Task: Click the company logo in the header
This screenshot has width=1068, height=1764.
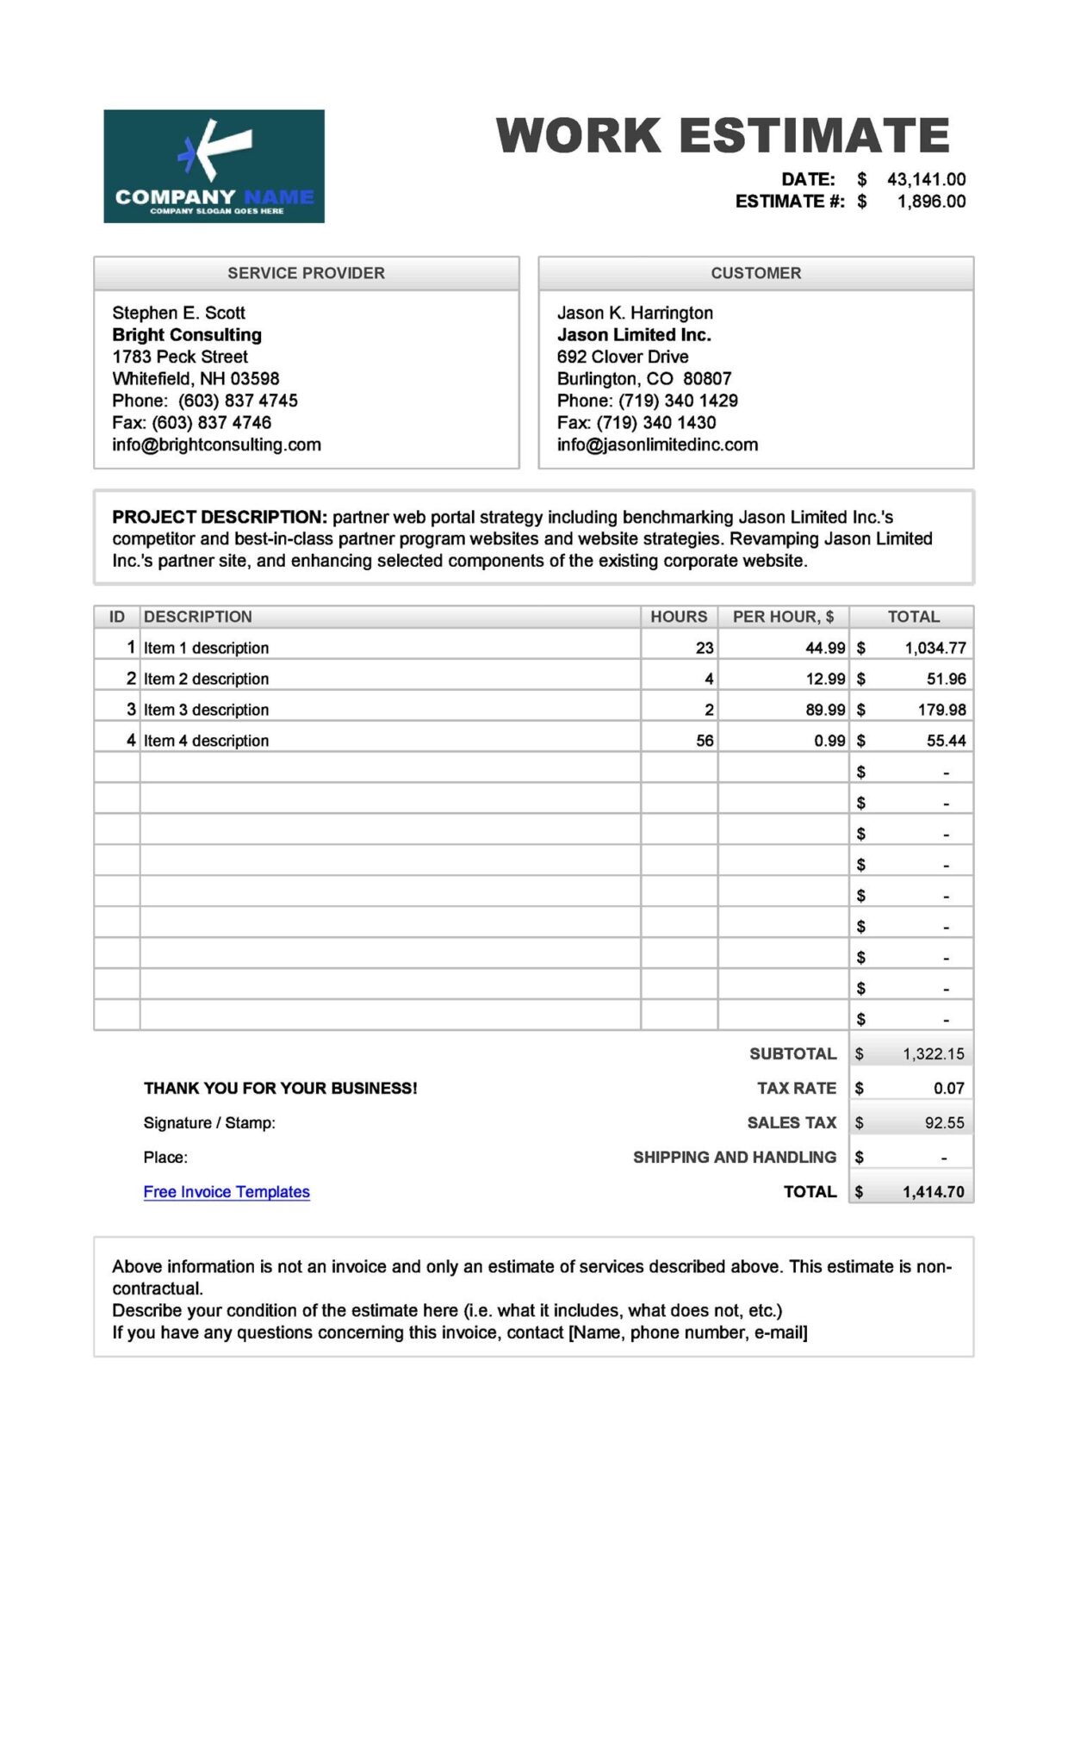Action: pyautogui.click(x=214, y=166)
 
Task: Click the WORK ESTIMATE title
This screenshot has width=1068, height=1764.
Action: pyautogui.click(x=722, y=136)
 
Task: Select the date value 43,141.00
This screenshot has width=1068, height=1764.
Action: pyautogui.click(x=926, y=179)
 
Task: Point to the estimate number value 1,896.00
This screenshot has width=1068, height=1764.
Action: pyautogui.click(x=931, y=202)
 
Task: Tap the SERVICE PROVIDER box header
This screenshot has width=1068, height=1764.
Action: pyautogui.click(x=306, y=273)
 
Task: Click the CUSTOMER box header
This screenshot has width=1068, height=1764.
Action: pyautogui.click(x=755, y=273)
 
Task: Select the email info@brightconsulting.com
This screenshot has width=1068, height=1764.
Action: pyautogui.click(x=216, y=445)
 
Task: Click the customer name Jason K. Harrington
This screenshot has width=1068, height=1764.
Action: pyautogui.click(x=635, y=313)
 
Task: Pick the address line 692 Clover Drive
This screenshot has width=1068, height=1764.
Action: pyautogui.click(x=623, y=357)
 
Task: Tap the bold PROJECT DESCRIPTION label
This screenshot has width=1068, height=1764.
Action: pyautogui.click(x=219, y=518)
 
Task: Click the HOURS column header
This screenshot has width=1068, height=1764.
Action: pyautogui.click(x=679, y=617)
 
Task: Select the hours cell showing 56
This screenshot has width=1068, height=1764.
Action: pyautogui.click(x=705, y=741)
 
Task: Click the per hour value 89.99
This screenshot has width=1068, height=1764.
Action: pyautogui.click(x=825, y=710)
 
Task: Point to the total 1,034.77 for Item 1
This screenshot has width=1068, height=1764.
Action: pyautogui.click(x=934, y=648)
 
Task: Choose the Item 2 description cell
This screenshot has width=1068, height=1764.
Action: pyautogui.click(x=206, y=679)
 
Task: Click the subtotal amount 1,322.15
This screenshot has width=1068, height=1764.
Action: pyautogui.click(x=933, y=1054)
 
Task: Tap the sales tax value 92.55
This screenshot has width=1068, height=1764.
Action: pyautogui.click(x=944, y=1123)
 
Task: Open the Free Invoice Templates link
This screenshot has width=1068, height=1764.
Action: pyautogui.click(x=227, y=1192)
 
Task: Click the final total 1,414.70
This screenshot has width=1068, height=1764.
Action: pyautogui.click(x=933, y=1192)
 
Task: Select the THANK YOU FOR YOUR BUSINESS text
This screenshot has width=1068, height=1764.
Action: pyautogui.click(x=280, y=1089)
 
